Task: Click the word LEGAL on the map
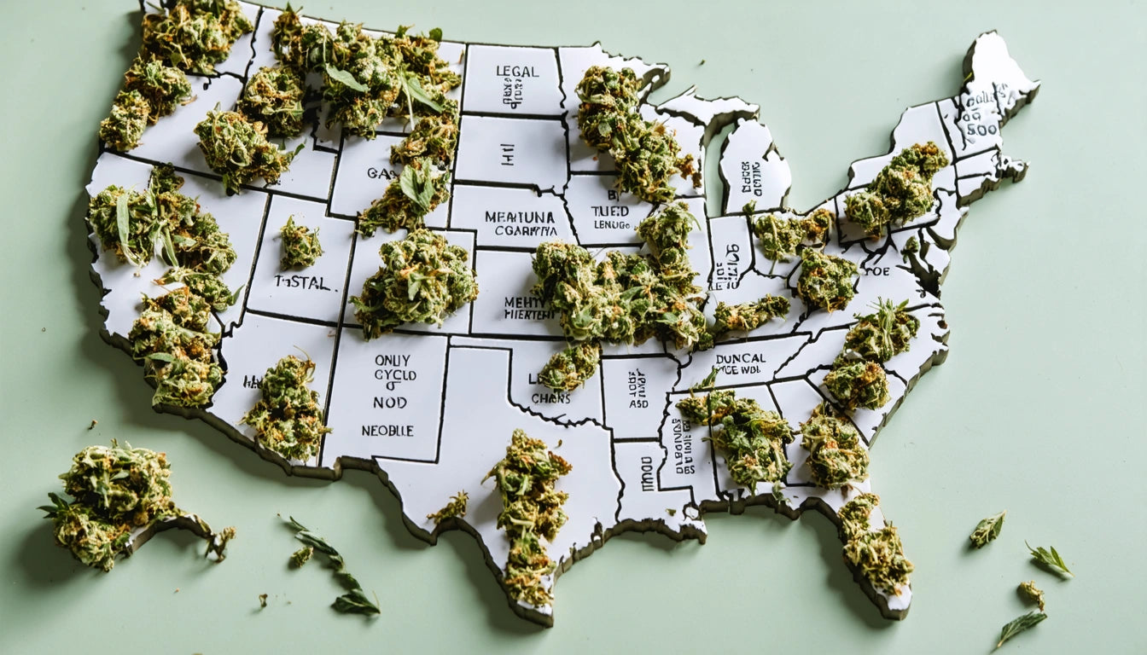point(517,71)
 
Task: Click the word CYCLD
point(394,375)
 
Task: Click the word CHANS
point(550,397)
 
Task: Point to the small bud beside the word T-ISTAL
point(300,243)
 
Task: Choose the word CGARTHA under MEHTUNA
point(519,229)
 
